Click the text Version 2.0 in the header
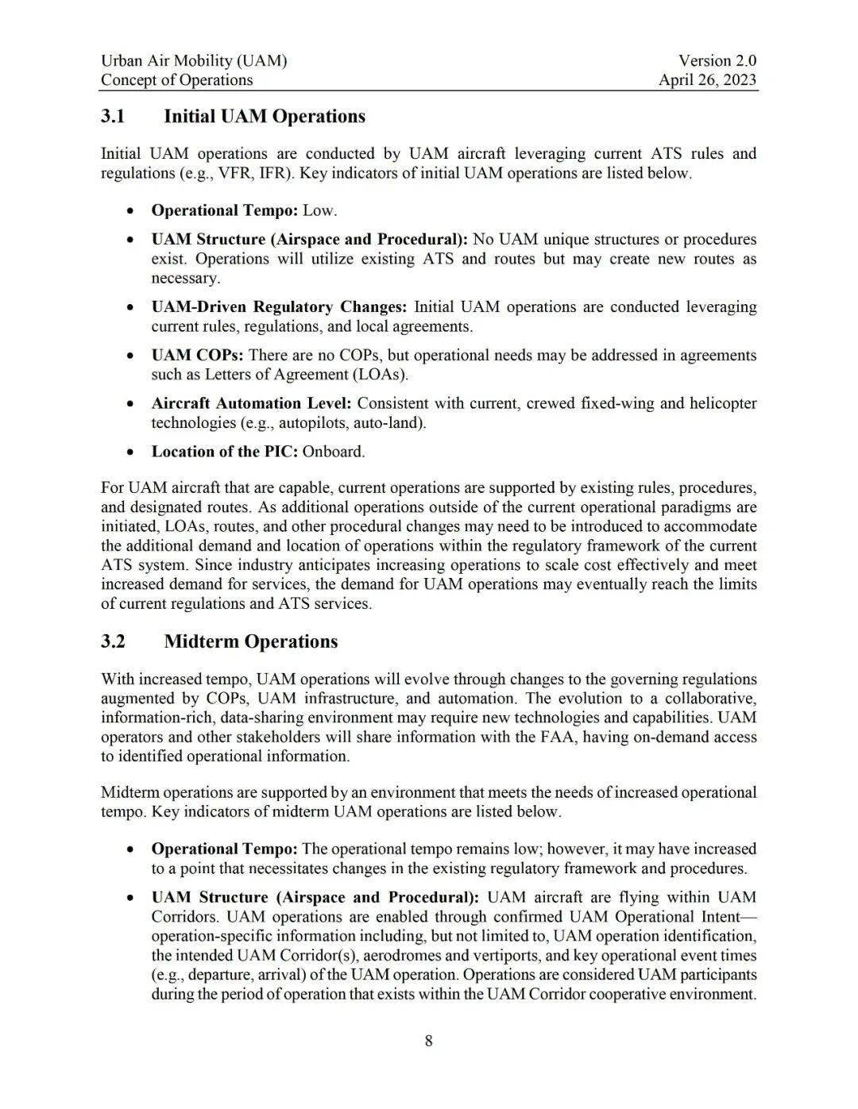(717, 60)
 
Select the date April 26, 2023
(707, 79)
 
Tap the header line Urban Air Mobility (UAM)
(194, 60)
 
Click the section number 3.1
(113, 117)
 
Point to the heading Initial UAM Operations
(265, 117)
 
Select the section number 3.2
(113, 641)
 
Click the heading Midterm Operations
(250, 641)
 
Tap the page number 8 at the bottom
(429, 1041)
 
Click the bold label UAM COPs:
(197, 355)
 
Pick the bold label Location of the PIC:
(225, 452)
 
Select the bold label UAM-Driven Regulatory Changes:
(279, 306)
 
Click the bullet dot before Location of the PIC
(129, 452)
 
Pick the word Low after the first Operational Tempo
(318, 210)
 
